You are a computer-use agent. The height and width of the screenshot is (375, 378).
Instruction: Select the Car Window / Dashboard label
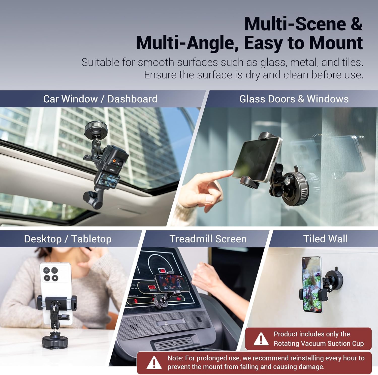100,99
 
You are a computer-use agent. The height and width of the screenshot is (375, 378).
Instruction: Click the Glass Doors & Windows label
294,99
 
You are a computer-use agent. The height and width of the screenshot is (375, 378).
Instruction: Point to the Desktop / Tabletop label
68,239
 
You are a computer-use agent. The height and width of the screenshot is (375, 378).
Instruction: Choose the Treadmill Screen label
208,239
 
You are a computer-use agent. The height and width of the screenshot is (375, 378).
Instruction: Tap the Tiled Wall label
325,239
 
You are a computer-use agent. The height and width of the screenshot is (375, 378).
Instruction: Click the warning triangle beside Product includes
261,339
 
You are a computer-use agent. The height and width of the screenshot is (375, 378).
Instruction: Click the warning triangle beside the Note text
154,363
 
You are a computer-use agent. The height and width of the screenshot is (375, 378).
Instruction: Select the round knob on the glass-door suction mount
287,181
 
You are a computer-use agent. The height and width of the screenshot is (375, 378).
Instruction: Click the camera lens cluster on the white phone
51,274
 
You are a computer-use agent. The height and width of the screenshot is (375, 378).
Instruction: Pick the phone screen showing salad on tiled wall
312,284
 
